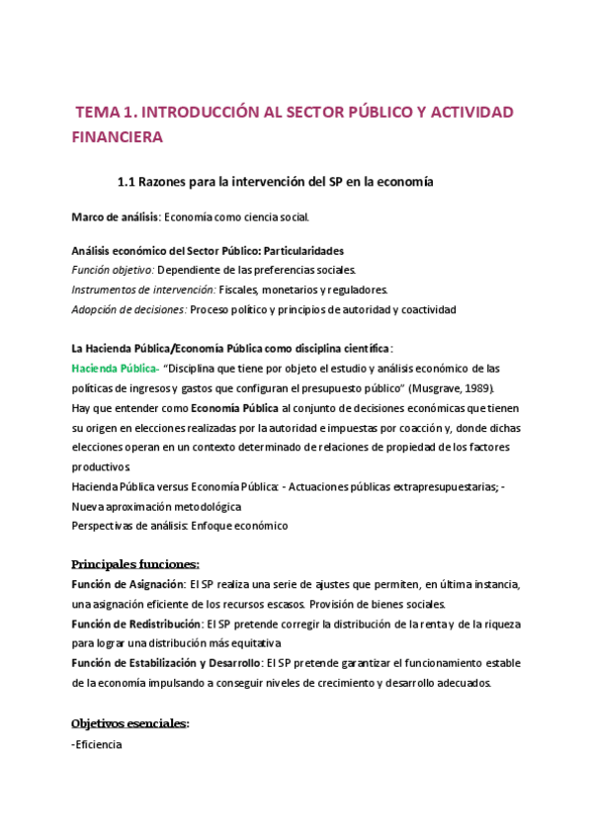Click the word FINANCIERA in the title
pyautogui.click(x=118, y=138)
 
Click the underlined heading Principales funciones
pyautogui.click(x=135, y=564)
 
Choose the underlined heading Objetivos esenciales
pyautogui.click(x=130, y=723)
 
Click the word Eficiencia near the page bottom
pyautogui.click(x=99, y=744)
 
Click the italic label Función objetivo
pyautogui.click(x=113, y=270)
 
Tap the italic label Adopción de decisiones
pyautogui.click(x=128, y=309)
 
